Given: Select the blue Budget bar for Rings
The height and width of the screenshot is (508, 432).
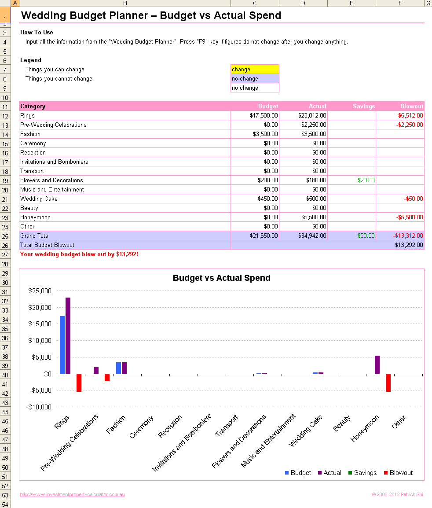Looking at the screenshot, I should point(62,345).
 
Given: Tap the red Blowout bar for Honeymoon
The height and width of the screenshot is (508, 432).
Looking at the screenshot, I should point(388,383).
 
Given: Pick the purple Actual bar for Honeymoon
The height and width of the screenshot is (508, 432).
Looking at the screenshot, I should point(377,364).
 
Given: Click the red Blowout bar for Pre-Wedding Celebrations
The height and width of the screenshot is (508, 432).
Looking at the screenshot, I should point(107,377).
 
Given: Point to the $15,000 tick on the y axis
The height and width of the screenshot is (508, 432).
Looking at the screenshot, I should point(40,324).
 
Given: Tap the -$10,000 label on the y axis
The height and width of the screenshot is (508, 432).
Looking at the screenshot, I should point(39,407).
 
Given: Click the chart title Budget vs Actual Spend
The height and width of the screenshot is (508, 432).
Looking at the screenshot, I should point(221,278).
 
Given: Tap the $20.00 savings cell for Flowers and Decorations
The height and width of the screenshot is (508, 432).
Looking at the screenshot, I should point(366,180).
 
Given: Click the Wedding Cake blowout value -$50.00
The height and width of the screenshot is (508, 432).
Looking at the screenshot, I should point(414,199).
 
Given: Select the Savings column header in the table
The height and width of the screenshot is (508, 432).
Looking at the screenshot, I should point(363,106).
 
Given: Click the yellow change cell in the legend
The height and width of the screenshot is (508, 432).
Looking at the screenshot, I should point(255,69).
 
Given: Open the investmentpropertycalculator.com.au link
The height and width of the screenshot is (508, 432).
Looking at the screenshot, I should point(73,494).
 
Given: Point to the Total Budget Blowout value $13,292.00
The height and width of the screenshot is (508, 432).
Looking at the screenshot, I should point(409,245).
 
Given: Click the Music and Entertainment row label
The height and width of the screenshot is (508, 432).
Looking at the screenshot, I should point(52,189).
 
